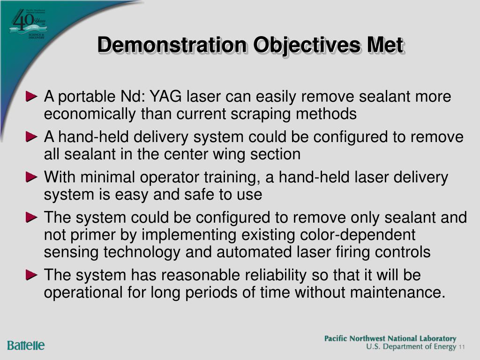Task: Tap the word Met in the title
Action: click(x=385, y=46)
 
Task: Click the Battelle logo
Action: click(x=26, y=346)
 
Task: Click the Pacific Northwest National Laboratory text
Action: click(x=390, y=338)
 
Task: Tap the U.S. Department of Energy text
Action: click(x=411, y=347)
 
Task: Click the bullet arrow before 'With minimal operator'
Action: click(x=32, y=178)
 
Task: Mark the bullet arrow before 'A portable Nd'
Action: click(x=32, y=97)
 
